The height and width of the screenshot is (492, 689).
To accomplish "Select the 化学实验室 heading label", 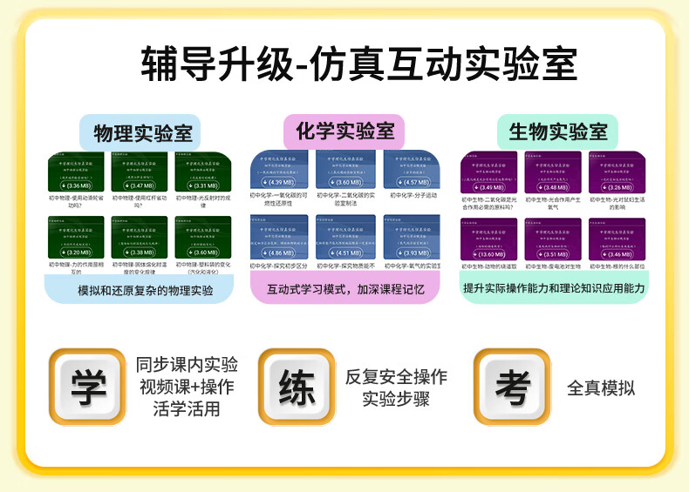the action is [x=344, y=132].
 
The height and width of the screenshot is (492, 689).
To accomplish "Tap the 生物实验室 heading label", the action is [x=558, y=132].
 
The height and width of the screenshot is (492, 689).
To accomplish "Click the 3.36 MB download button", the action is [x=77, y=186].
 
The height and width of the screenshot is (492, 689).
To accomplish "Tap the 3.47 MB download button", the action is [x=140, y=186].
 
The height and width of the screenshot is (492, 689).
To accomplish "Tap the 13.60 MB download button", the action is [x=491, y=254].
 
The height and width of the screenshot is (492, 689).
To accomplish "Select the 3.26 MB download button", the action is [x=619, y=187].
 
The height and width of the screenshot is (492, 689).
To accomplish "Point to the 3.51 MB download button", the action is [x=555, y=254].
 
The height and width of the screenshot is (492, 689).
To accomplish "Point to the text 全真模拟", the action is [x=601, y=388].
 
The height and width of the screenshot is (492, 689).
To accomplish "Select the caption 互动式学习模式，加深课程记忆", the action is [x=345, y=289].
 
